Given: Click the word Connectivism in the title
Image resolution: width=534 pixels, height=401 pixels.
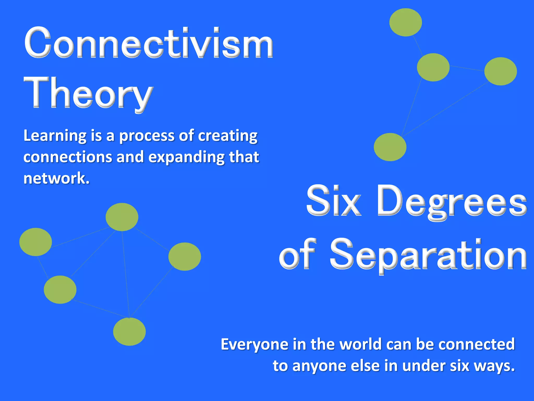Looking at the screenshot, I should pos(149,43).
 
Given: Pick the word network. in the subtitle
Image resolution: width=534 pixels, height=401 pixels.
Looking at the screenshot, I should pos(57,179).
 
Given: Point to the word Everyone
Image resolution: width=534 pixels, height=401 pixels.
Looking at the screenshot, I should pos(254,344).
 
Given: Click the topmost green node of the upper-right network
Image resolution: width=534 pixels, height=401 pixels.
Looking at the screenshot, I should pos(405,22).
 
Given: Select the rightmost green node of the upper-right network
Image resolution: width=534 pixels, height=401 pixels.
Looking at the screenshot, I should pos(500,71).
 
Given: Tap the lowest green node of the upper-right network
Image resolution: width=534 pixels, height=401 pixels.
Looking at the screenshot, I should pos(390,147).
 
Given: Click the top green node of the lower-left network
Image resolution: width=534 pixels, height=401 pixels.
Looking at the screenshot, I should pos(122,217).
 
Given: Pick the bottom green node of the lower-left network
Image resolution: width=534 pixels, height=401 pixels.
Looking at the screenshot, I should pos(129,332).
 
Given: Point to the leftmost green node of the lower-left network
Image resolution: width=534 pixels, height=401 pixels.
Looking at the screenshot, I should pos(35,242).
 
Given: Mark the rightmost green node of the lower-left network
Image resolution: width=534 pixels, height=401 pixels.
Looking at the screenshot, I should pos(185,256).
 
